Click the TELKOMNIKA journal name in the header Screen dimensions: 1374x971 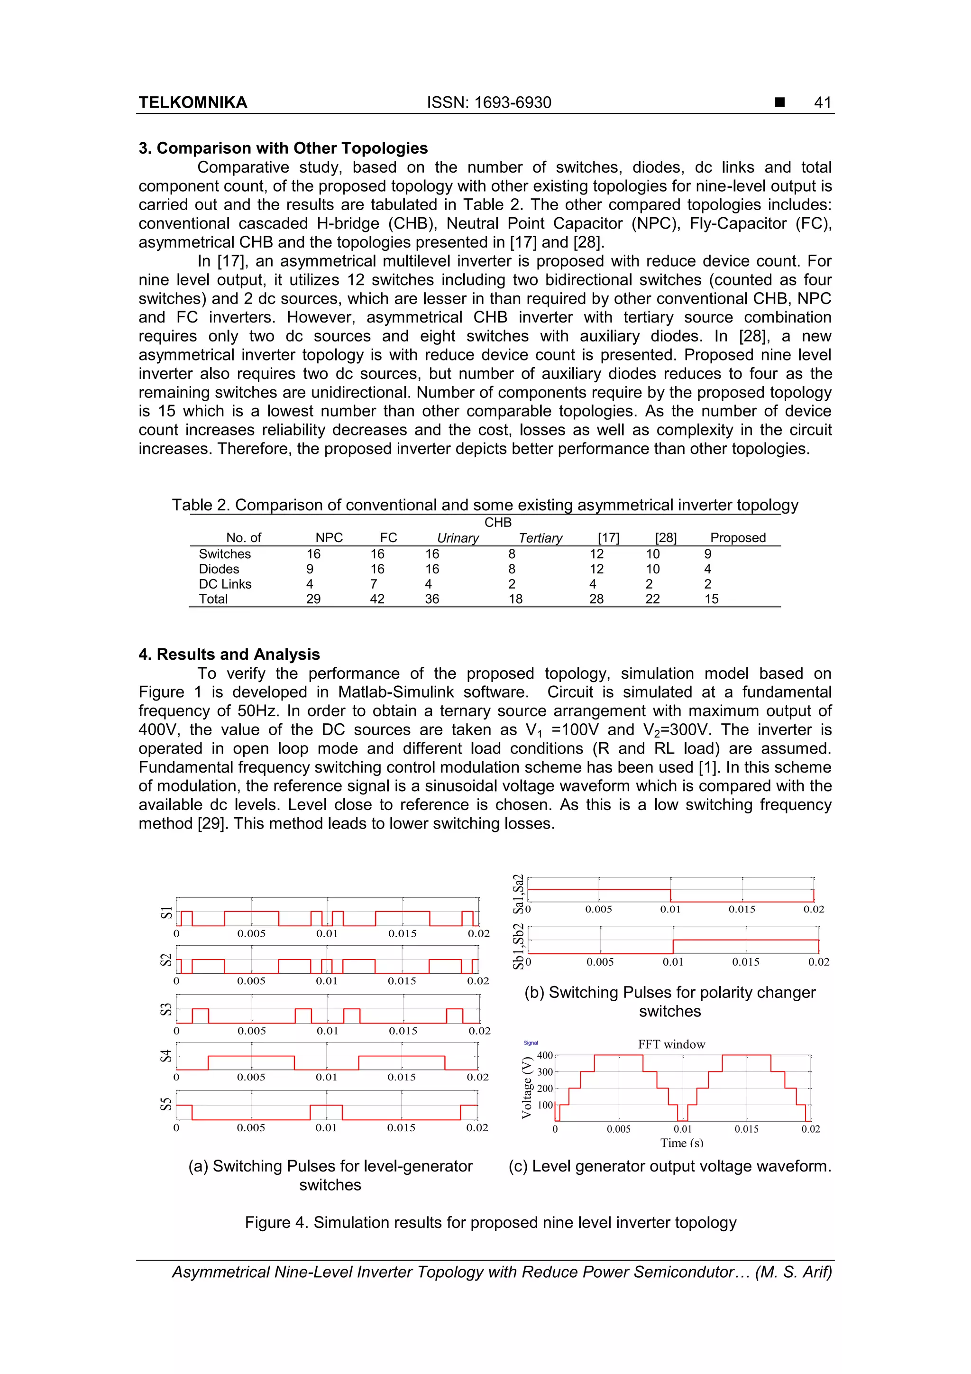[x=192, y=102]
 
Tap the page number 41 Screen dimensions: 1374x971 [x=822, y=102]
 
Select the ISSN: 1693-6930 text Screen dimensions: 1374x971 [x=489, y=102]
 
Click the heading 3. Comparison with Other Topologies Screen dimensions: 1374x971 [x=283, y=148]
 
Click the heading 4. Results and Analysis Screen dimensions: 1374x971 [x=229, y=654]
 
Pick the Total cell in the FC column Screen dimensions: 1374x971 [x=377, y=599]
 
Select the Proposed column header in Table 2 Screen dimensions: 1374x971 [x=737, y=537]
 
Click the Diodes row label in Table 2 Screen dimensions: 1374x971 [x=219, y=569]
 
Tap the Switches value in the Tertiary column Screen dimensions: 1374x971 [x=512, y=554]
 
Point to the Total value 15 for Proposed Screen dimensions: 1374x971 [x=711, y=599]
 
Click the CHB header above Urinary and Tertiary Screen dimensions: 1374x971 [x=498, y=523]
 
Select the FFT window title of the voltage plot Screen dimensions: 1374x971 [x=671, y=1044]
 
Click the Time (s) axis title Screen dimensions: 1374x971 [x=681, y=1143]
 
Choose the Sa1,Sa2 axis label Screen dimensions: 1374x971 [x=519, y=894]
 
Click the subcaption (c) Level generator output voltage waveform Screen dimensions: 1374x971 [x=669, y=1166]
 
